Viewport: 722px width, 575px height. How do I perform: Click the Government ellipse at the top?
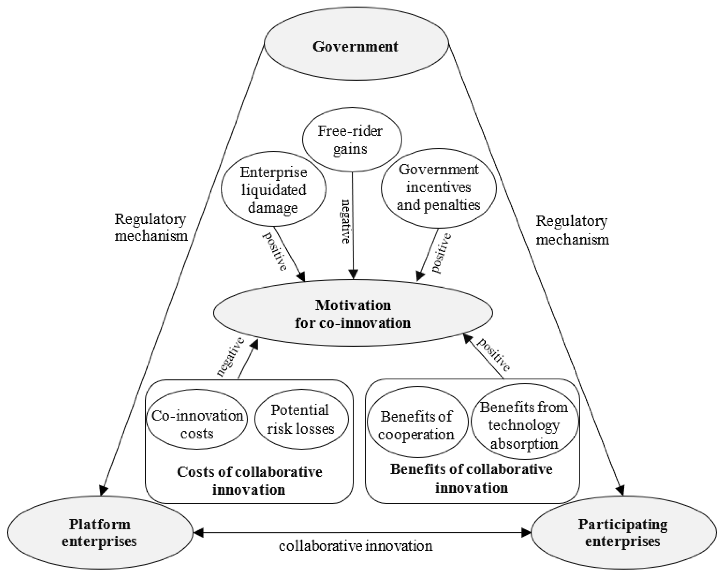(x=356, y=46)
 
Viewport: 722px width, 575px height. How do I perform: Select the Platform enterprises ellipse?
(x=100, y=533)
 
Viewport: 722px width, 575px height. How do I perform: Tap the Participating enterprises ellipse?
(x=623, y=533)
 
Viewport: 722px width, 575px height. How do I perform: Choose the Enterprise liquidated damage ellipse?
(x=273, y=190)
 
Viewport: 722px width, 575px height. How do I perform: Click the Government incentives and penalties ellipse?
(x=438, y=187)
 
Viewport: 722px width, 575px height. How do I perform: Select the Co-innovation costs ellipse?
(x=197, y=424)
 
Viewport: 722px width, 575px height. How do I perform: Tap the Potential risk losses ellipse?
(x=301, y=419)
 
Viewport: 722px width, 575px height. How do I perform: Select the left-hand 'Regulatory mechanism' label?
(x=151, y=227)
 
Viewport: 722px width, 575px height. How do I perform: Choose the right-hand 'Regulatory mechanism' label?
(x=572, y=230)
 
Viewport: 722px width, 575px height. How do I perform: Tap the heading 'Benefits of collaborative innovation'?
(x=471, y=478)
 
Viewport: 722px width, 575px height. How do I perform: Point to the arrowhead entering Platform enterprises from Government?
(x=103, y=490)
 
